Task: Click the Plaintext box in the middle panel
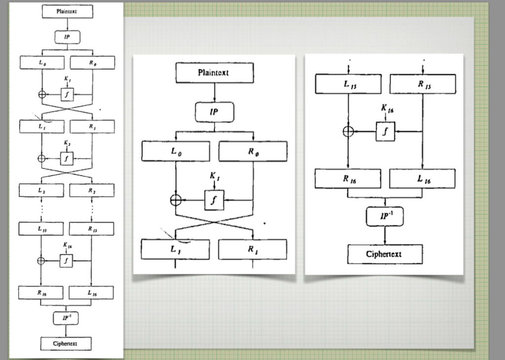click(x=214, y=73)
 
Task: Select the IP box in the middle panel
click(x=214, y=112)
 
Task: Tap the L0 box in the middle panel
click(x=176, y=151)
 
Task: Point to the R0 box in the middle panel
click(x=252, y=151)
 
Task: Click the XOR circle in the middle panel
click(x=176, y=200)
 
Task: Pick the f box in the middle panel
click(x=214, y=200)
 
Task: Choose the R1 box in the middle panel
click(x=252, y=250)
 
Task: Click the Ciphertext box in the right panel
click(x=384, y=254)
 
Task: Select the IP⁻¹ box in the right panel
click(x=384, y=216)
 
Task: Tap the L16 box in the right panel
click(x=422, y=179)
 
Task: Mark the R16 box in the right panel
click(x=348, y=179)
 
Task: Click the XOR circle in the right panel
click(x=348, y=131)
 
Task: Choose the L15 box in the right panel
click(x=348, y=84)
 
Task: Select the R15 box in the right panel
click(x=422, y=84)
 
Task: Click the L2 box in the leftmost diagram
click(x=41, y=190)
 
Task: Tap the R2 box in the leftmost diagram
click(x=92, y=190)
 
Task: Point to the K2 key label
click(x=67, y=143)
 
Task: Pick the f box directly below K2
click(x=67, y=158)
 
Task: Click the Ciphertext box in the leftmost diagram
click(x=66, y=343)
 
